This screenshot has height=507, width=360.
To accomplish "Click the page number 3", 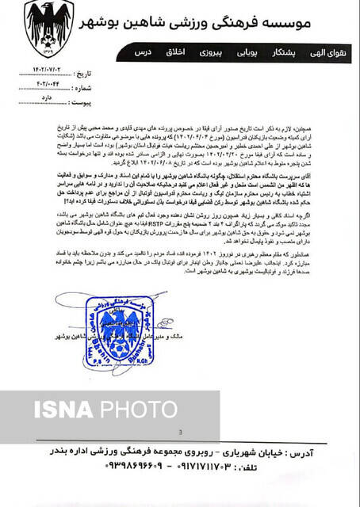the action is click(181, 432).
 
